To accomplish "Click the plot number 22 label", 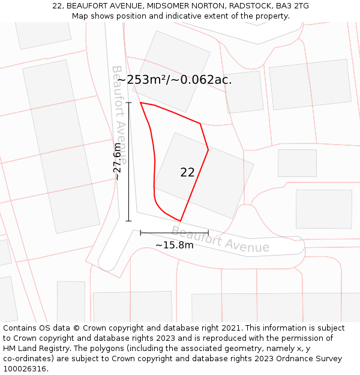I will click(x=187, y=172).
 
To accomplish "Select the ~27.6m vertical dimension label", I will click(x=118, y=161).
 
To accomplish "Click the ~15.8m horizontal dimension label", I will click(x=175, y=245).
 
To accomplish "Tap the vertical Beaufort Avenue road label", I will click(x=119, y=114).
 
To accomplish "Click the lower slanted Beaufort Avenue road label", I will click(x=220, y=239).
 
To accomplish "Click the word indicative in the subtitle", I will click(x=184, y=16).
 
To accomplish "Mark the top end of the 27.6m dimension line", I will click(x=128, y=103).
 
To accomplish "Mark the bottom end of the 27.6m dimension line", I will click(x=128, y=221).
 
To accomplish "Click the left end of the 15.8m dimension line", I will click(x=140, y=233).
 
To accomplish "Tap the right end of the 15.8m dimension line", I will click(x=208, y=233).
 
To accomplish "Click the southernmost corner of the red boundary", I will click(x=180, y=221).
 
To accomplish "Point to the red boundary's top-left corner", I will click(x=140, y=103).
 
